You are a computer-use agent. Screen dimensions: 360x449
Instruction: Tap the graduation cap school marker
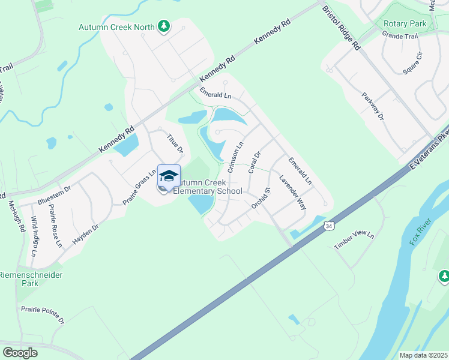click(169, 176)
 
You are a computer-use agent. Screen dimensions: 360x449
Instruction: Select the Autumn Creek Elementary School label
click(208, 187)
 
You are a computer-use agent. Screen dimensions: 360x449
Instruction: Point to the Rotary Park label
click(405, 24)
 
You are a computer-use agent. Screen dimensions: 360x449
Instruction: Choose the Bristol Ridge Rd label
click(341, 28)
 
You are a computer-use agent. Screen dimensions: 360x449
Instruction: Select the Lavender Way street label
click(293, 192)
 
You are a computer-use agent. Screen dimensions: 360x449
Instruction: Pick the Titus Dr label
click(175, 143)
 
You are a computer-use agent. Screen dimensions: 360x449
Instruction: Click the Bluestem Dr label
click(54, 193)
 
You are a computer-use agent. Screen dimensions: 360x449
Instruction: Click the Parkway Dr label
click(372, 106)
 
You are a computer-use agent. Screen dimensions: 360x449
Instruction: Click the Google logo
click(20, 353)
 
